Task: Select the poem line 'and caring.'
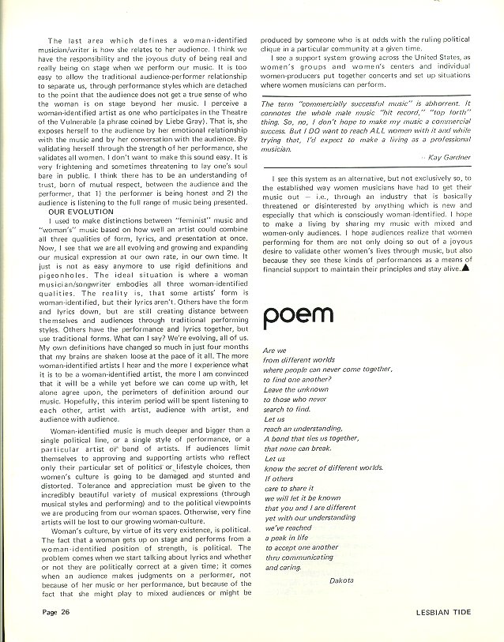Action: tap(285, 567)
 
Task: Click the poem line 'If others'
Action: tap(279, 478)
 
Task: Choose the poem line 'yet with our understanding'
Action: tap(311, 517)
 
